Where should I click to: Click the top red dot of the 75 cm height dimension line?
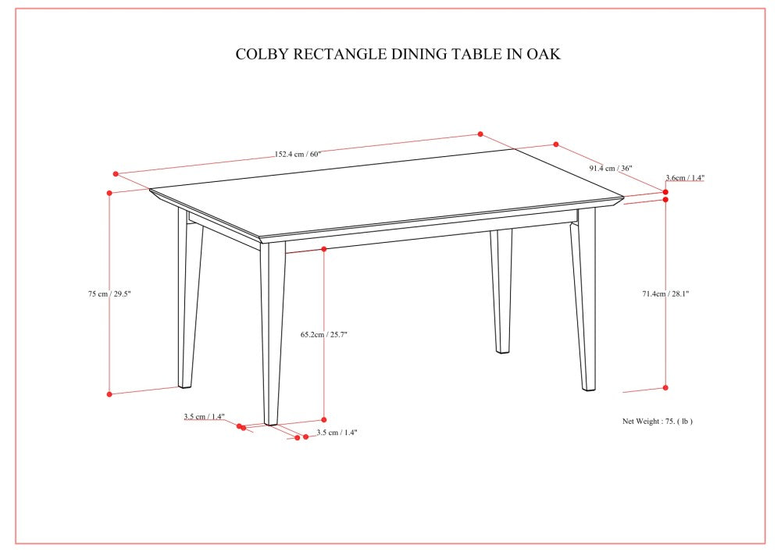click(x=109, y=193)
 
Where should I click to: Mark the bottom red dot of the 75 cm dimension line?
click(x=109, y=394)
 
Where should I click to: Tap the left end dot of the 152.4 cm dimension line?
click(x=116, y=174)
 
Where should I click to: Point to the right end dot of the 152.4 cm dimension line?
click(x=480, y=134)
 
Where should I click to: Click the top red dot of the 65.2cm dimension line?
click(x=324, y=249)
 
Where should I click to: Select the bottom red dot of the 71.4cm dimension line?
click(x=665, y=388)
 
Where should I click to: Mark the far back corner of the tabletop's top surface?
click(x=514, y=149)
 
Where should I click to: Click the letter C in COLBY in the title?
click(x=240, y=54)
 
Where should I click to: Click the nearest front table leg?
click(x=273, y=333)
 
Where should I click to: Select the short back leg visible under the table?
click(x=501, y=292)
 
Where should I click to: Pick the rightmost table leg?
click(x=583, y=300)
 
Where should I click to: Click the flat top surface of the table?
click(x=387, y=191)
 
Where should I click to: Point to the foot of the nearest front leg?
click(x=271, y=422)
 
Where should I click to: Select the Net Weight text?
click(x=657, y=421)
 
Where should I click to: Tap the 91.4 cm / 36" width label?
click(x=611, y=168)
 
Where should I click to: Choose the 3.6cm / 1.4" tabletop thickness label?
click(x=685, y=178)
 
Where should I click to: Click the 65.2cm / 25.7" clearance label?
click(x=324, y=334)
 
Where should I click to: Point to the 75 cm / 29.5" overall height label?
click(x=109, y=294)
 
